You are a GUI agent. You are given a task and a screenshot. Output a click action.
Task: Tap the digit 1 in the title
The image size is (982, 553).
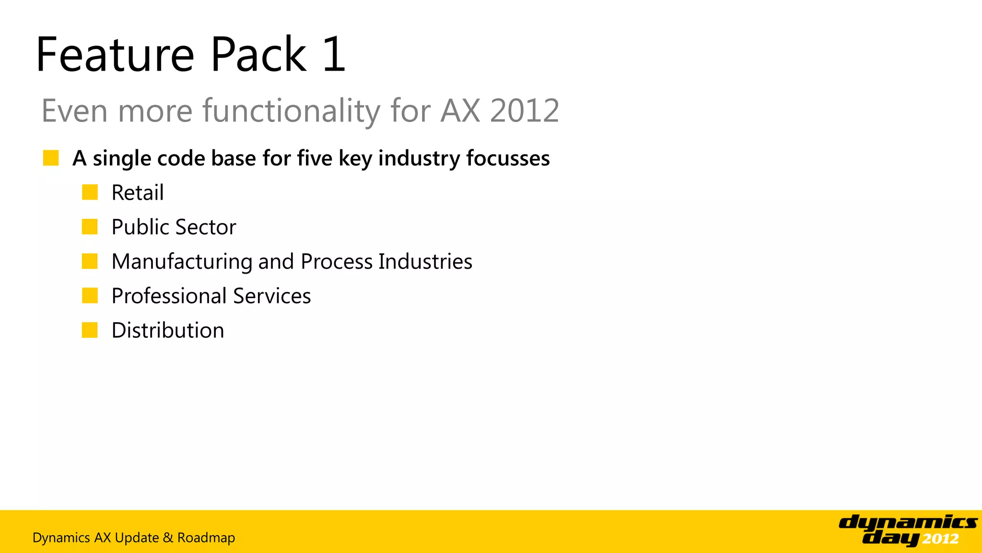coord(334,55)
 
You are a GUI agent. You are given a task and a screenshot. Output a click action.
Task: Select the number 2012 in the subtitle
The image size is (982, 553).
coord(525,111)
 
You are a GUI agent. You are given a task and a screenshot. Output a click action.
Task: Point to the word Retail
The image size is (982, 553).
coord(138,193)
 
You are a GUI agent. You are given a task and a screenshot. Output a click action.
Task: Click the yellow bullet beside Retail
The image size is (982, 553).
coord(90,192)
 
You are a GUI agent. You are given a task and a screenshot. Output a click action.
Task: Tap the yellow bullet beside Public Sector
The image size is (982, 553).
coord(90,227)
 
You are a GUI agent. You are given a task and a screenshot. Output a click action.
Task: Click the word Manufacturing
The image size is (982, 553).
coord(182,262)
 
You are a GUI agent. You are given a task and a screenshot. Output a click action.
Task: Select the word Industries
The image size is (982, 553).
coord(425,262)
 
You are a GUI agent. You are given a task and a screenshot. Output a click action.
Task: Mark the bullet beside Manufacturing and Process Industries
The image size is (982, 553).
coord(90,261)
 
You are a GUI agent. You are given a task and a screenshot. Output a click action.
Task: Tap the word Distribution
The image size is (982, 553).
coord(168,330)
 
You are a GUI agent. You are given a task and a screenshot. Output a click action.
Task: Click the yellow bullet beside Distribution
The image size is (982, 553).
coord(90,330)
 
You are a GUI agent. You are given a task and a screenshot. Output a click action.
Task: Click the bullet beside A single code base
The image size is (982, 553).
coord(51,158)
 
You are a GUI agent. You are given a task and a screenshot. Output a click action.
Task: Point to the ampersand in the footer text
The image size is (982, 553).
coord(168,538)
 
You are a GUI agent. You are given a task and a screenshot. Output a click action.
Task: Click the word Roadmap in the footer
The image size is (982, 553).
coord(206,538)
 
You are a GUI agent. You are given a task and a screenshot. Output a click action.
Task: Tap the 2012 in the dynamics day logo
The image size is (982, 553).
coord(940,539)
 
